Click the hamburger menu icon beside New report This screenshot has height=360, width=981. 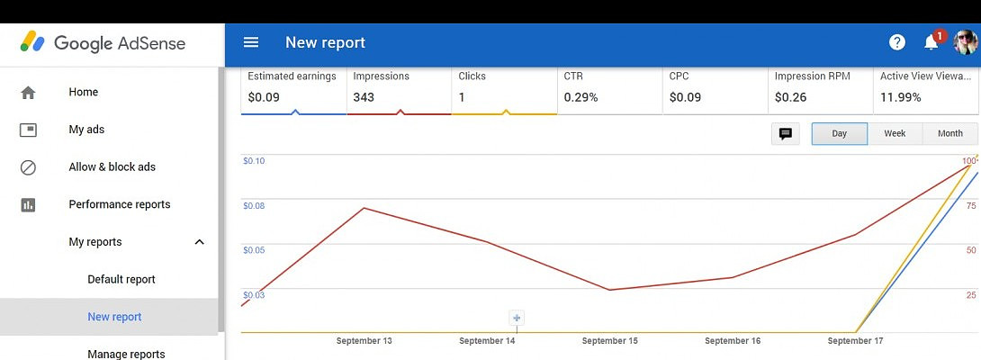(x=251, y=42)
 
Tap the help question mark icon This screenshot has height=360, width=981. (x=896, y=42)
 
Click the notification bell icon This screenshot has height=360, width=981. (x=931, y=42)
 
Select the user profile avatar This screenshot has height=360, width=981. (x=966, y=42)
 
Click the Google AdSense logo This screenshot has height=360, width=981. (x=103, y=43)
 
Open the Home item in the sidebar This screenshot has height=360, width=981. (x=84, y=92)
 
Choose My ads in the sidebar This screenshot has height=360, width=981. (x=86, y=130)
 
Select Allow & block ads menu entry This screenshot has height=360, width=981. (x=112, y=166)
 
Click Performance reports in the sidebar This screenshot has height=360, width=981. (x=119, y=204)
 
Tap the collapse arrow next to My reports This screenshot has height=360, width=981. (x=200, y=242)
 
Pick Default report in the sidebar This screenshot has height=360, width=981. (x=121, y=279)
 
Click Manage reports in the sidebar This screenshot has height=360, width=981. (x=126, y=354)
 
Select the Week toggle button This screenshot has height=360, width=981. (x=895, y=133)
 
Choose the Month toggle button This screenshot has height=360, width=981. (x=949, y=133)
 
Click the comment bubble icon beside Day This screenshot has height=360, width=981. (x=786, y=133)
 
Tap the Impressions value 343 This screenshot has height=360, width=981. (x=364, y=97)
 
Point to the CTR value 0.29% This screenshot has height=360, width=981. (x=580, y=97)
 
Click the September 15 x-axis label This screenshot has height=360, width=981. (x=609, y=341)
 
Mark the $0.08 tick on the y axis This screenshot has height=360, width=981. (x=254, y=206)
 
